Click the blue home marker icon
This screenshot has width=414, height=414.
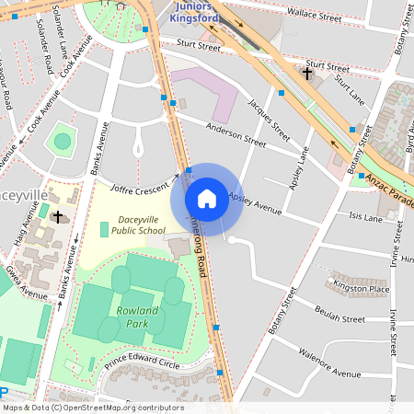pos(207,198)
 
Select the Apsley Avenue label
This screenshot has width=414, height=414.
pos(255,204)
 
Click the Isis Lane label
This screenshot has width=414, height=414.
pos(365,218)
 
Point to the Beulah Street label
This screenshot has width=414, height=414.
pos(340,318)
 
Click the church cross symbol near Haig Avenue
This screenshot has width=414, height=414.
pos(58,217)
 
